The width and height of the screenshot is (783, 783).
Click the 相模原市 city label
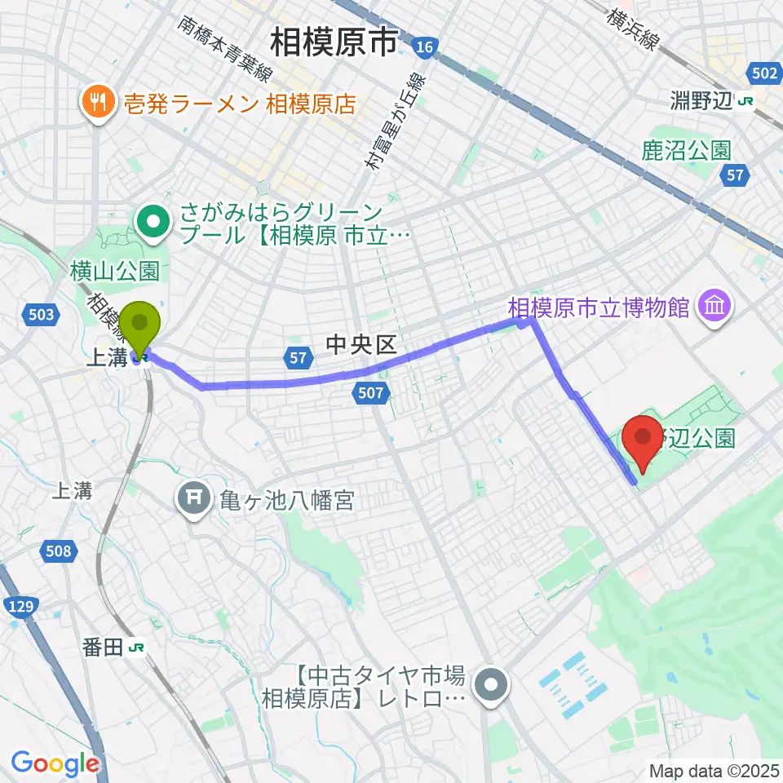(x=334, y=42)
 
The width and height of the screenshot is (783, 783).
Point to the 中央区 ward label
(x=361, y=345)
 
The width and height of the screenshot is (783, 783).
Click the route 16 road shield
(x=424, y=47)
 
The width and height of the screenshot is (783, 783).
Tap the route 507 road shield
(x=369, y=394)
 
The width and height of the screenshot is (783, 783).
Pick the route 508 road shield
(x=58, y=552)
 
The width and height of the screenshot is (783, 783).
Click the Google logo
(x=55, y=764)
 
